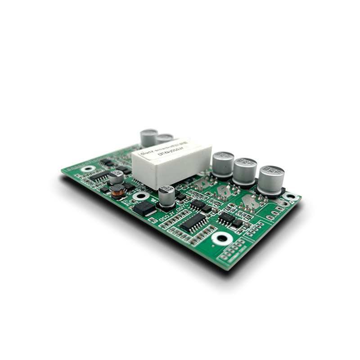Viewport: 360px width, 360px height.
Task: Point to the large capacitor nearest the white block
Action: (x=223, y=164)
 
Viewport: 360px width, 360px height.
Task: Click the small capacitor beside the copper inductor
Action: (x=116, y=176)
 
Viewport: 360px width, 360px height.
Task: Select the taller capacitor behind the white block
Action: (x=149, y=138)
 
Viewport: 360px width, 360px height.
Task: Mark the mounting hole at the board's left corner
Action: (x=88, y=169)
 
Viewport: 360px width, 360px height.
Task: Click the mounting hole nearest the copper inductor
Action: (x=141, y=196)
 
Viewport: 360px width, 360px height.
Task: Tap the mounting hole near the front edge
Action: (x=222, y=238)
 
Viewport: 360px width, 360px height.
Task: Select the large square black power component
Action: (x=144, y=208)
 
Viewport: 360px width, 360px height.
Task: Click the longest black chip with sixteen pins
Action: (x=193, y=221)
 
